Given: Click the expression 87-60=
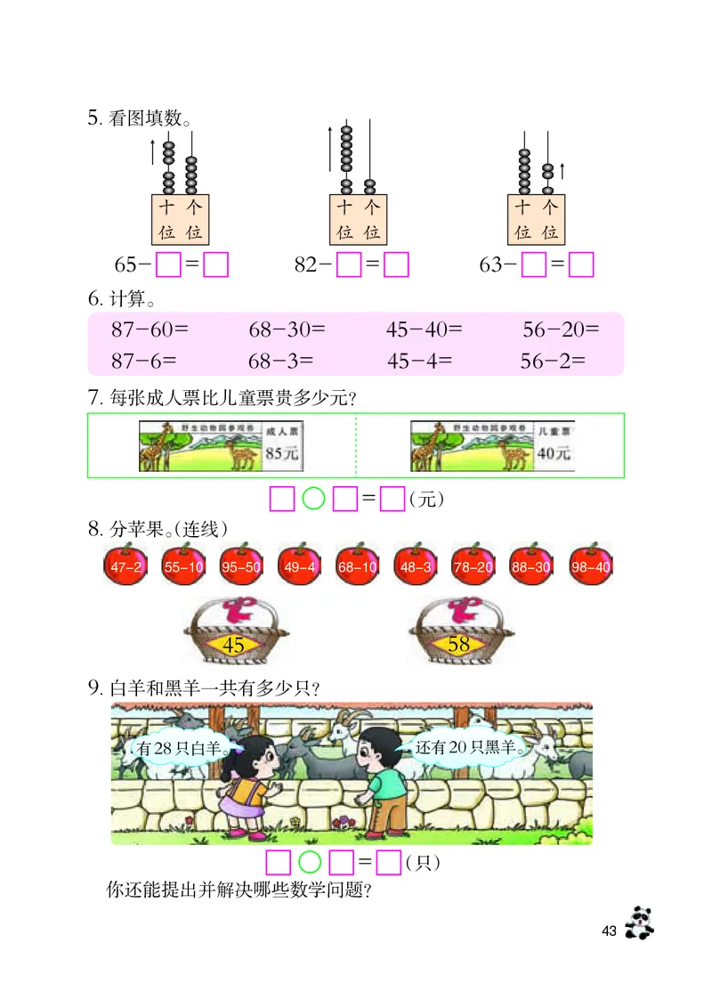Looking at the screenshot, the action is (x=150, y=330).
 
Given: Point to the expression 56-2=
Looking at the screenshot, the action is (x=553, y=361).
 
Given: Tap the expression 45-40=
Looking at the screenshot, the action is (x=425, y=330).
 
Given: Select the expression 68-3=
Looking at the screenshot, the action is (x=280, y=361).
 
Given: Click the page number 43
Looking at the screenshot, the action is (x=609, y=931).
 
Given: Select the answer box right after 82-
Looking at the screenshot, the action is (x=347, y=265).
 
